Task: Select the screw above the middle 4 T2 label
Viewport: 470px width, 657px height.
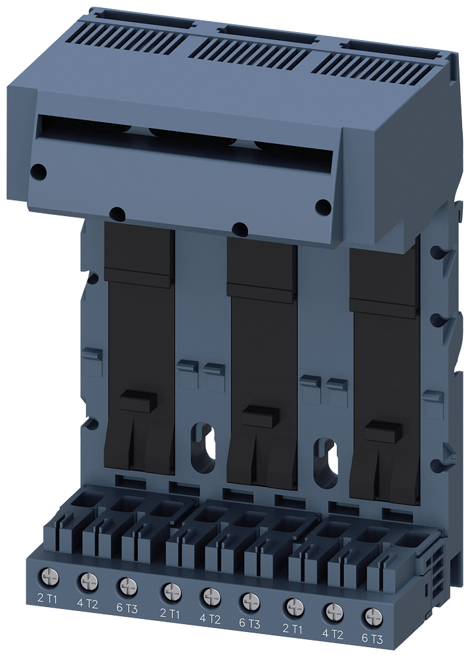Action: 211,596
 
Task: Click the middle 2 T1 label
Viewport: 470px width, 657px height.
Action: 170,614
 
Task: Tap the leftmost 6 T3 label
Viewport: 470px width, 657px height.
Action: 126,609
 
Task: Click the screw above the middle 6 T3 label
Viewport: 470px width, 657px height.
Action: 249,600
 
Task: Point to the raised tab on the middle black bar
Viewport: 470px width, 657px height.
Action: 260,417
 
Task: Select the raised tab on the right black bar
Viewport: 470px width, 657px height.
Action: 383,432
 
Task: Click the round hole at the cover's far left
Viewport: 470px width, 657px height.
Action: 39,172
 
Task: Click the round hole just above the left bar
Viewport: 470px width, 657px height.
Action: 117,214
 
